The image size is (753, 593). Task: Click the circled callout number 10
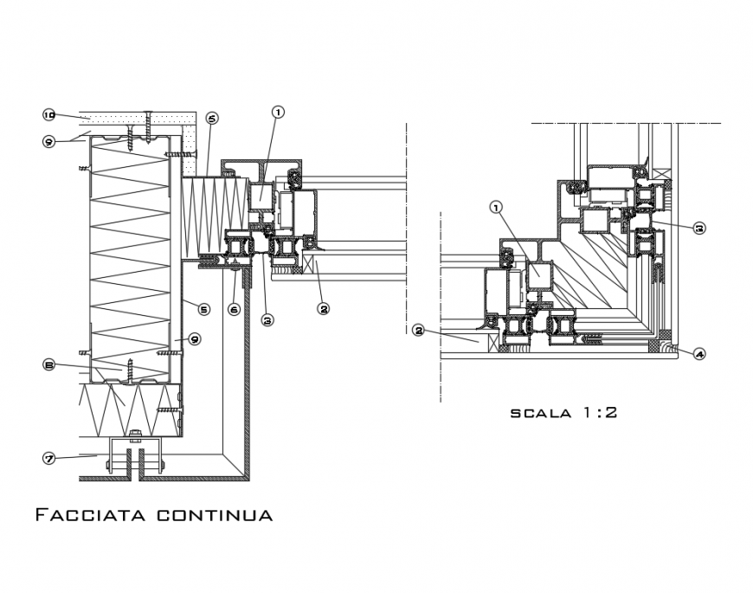(49, 114)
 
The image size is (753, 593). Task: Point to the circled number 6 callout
(234, 308)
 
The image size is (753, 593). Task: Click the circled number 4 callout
(699, 353)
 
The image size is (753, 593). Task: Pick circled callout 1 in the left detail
(278, 111)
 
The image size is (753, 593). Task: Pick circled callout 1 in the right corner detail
(496, 208)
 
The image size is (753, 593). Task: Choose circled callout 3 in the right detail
(699, 228)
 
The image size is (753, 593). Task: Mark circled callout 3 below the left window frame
(267, 319)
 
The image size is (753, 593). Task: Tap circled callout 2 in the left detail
(322, 306)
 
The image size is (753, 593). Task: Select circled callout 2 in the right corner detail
(418, 331)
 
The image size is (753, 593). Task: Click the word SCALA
(538, 413)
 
